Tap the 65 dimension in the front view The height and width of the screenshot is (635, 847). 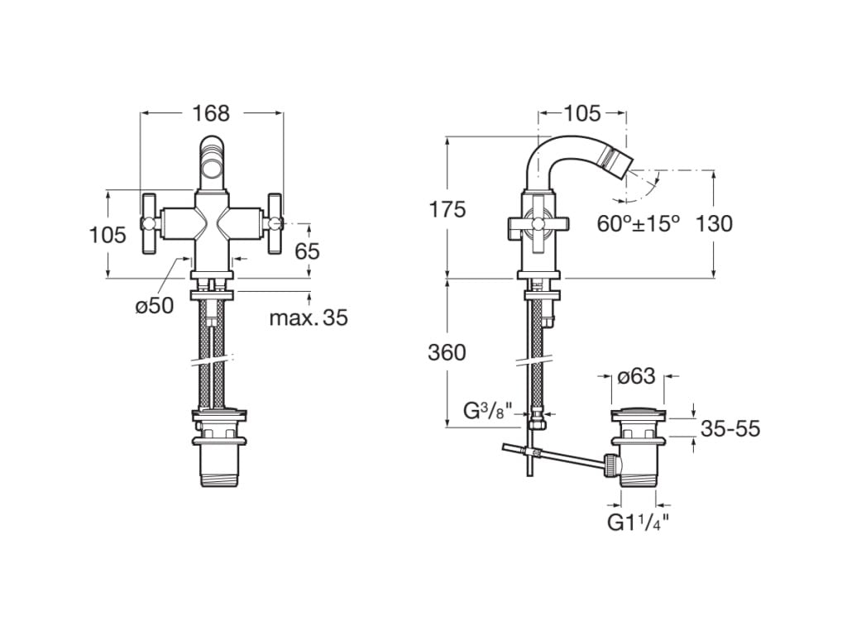tap(307, 251)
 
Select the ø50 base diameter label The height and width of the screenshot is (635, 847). tap(155, 305)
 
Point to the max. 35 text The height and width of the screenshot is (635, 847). tap(309, 317)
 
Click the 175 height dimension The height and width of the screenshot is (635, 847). tap(447, 209)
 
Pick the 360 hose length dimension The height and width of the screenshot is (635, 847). tap(447, 352)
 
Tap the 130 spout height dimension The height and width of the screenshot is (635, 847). tap(715, 223)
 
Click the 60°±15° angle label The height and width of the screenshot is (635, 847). tap(639, 223)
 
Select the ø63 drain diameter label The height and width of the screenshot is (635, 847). tap(636, 377)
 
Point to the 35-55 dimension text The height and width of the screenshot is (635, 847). tap(730, 428)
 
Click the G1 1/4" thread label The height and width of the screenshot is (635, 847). tap(638, 523)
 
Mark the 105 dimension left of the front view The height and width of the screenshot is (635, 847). tap(108, 235)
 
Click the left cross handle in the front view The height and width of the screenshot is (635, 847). tap(150, 222)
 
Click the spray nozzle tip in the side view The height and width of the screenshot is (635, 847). tap(620, 155)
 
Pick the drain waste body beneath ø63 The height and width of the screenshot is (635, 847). tap(638, 451)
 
